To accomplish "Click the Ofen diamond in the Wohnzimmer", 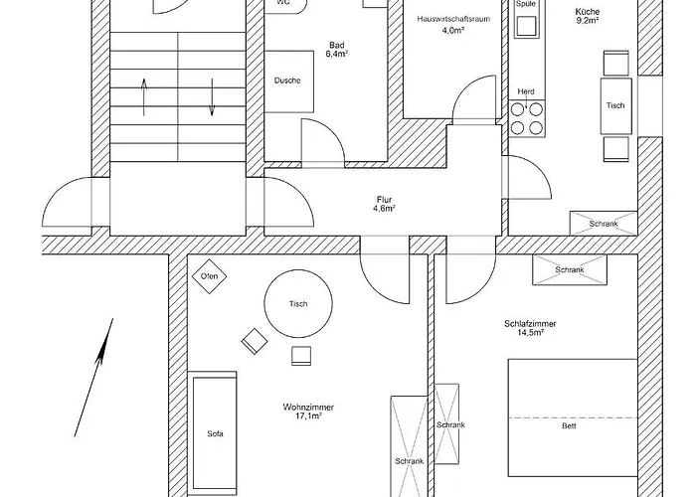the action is [x=209, y=276].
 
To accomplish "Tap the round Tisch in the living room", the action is [x=298, y=304].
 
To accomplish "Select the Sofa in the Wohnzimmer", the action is [x=215, y=433].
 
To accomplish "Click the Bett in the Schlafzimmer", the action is [x=573, y=418].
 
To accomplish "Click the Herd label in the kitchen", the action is [x=526, y=91].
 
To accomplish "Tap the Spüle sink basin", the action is [x=526, y=26].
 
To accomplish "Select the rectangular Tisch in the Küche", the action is [x=616, y=105].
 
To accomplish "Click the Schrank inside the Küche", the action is [x=604, y=224].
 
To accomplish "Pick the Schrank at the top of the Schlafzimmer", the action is [x=570, y=269].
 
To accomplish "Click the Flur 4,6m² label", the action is [x=385, y=204].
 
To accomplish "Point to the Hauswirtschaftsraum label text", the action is [x=453, y=19].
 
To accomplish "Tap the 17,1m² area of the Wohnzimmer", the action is [x=308, y=415].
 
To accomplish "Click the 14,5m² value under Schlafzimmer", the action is [x=531, y=332].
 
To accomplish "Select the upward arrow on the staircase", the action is [x=144, y=97].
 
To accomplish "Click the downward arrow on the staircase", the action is [x=212, y=97].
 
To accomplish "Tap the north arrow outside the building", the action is [x=93, y=377].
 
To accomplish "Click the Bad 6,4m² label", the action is [x=337, y=50].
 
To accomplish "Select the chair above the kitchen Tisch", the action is [x=616, y=64].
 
